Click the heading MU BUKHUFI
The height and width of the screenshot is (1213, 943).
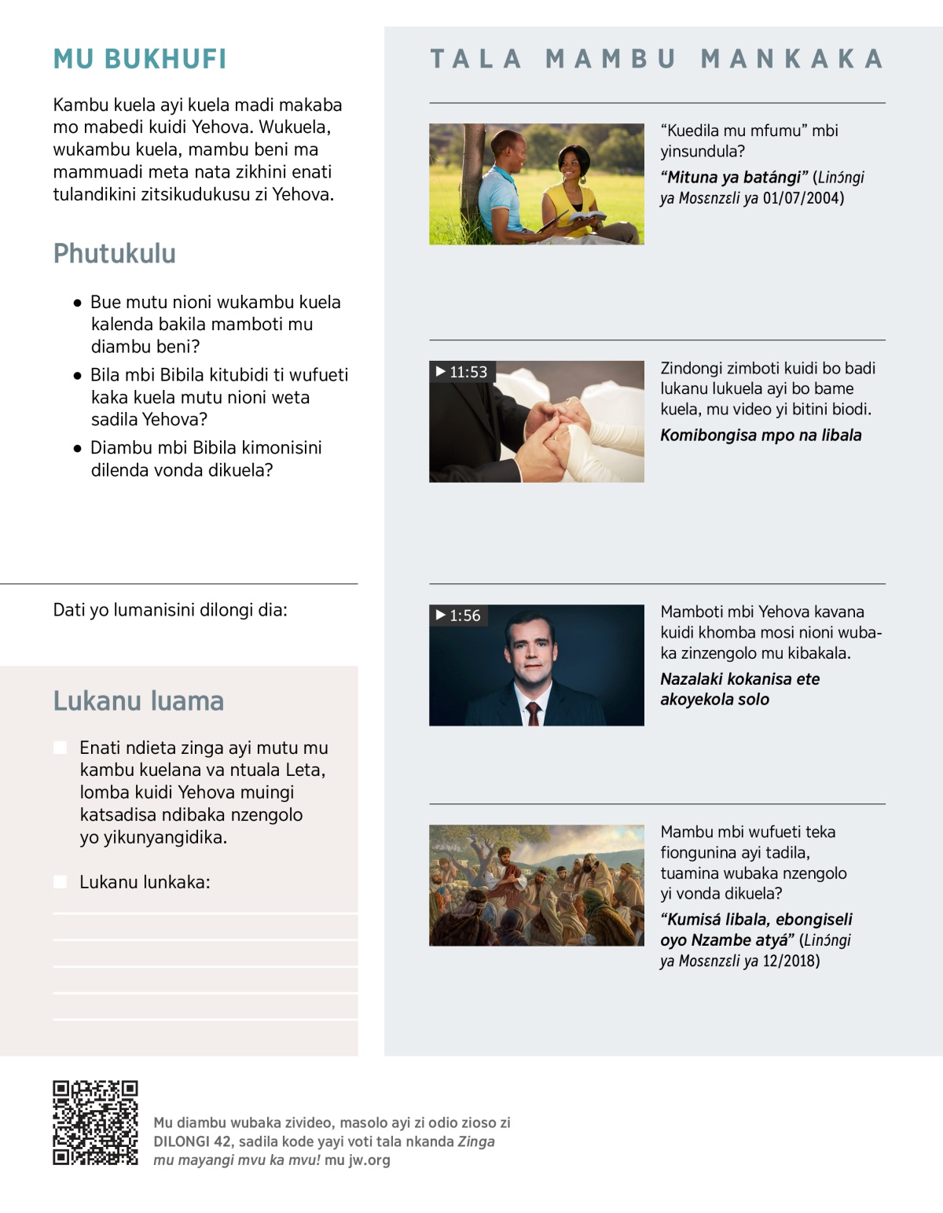point(140,59)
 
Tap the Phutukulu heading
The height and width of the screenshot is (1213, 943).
point(115,253)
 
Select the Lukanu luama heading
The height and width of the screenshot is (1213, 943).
point(138,700)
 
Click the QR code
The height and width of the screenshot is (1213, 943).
point(95,1123)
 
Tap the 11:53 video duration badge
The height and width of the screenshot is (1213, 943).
point(462,372)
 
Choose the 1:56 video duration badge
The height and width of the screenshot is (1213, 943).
point(459,616)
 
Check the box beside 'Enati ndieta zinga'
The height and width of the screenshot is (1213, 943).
point(61,748)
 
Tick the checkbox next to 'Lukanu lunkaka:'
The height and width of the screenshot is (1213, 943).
point(61,882)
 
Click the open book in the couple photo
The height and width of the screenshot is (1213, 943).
point(586,216)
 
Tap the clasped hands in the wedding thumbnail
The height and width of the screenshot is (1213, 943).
point(554,431)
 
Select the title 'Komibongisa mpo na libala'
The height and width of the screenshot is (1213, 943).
point(761,436)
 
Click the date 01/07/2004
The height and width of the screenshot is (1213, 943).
point(803,198)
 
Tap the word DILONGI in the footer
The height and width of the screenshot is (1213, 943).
point(182,1141)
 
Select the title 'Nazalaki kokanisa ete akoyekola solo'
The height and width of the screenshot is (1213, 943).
point(739,689)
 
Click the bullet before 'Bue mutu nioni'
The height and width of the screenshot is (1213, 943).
point(77,303)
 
